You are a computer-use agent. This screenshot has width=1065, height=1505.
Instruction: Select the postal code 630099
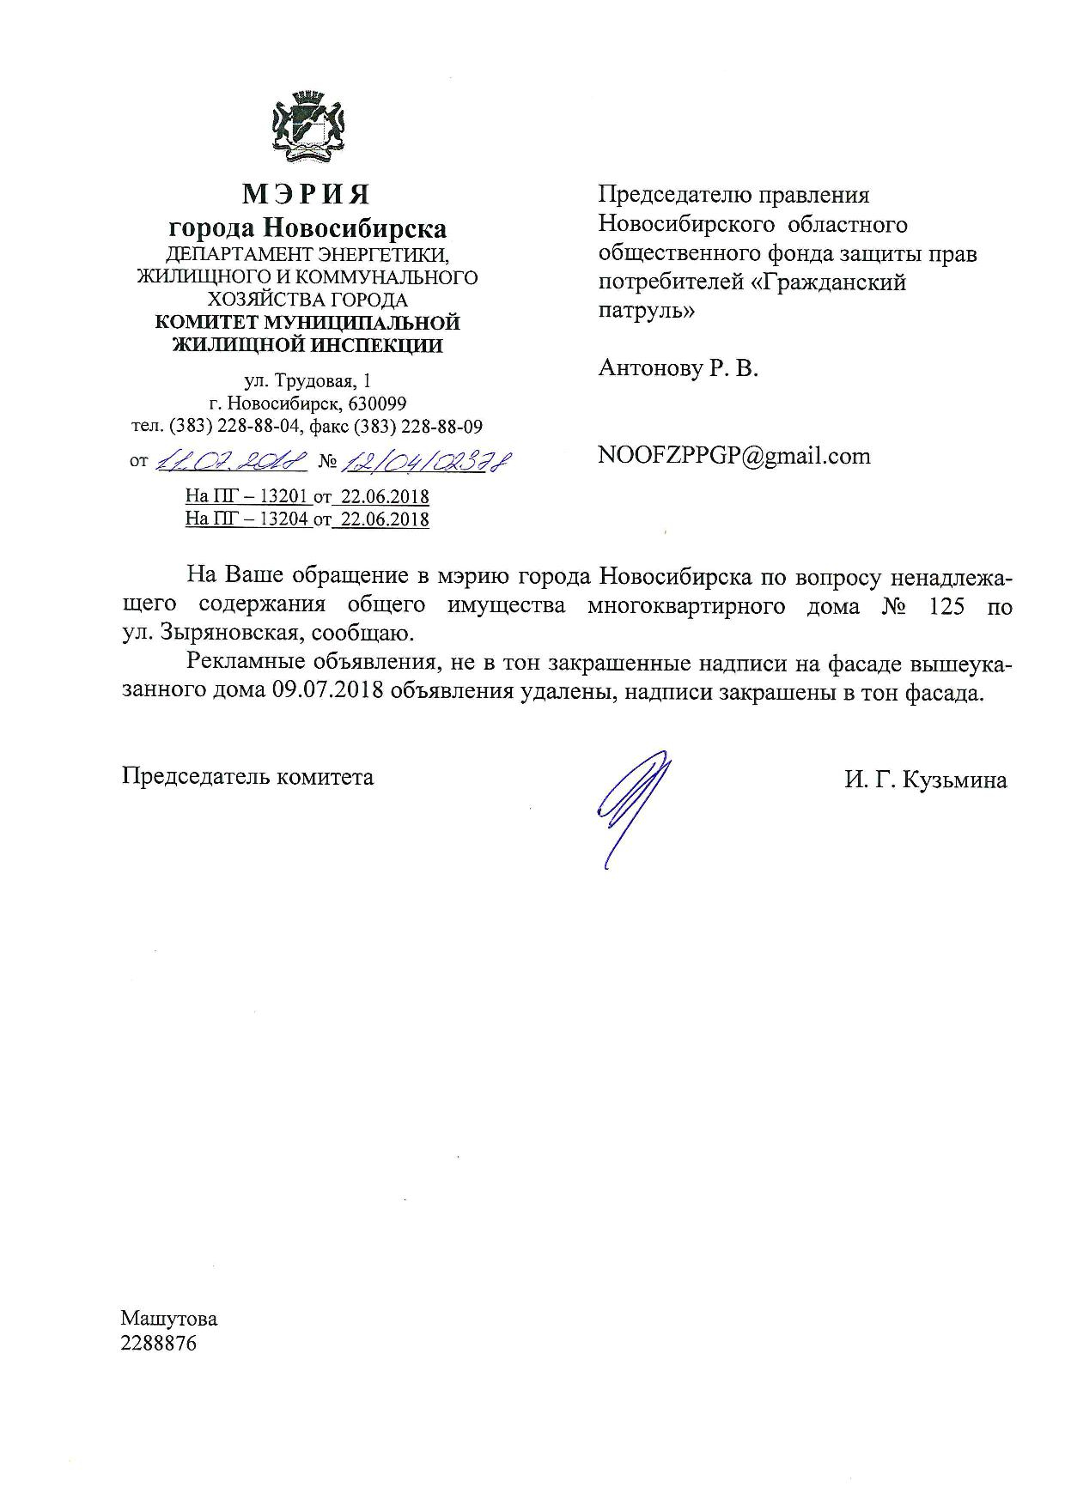tap(376, 404)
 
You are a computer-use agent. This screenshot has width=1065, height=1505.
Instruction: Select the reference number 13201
tap(284, 496)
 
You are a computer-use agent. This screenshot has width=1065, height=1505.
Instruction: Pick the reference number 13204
tap(284, 519)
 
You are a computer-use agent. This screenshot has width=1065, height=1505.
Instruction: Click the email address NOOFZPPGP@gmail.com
tap(733, 456)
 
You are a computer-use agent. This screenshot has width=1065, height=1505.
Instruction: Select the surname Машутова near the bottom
tap(169, 1319)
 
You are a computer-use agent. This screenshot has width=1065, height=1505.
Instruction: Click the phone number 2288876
tap(159, 1344)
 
